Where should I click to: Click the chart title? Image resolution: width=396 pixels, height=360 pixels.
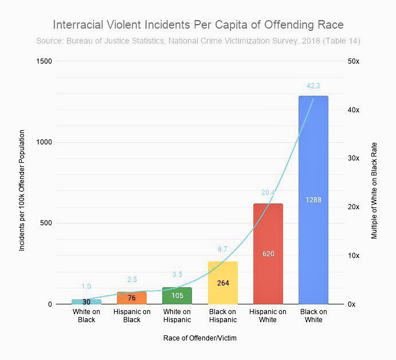(x=198, y=25)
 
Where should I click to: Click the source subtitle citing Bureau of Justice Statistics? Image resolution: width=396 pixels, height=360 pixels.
(x=198, y=41)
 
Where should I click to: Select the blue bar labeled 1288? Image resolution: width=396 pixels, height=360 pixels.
(x=313, y=200)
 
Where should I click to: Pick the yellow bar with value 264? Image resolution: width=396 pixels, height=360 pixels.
(x=222, y=283)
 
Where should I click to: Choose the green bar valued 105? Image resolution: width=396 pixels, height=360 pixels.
(x=177, y=296)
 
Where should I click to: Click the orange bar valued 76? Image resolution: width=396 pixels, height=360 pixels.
(x=132, y=298)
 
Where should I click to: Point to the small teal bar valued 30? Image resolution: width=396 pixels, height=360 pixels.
(x=87, y=302)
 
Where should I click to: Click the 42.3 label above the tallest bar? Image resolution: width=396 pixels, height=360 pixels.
(x=313, y=86)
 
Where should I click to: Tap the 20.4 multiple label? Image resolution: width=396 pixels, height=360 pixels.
(x=268, y=193)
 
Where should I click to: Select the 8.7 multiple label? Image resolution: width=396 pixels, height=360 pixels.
(x=222, y=249)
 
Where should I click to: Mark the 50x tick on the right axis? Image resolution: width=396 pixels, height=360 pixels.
(x=354, y=61)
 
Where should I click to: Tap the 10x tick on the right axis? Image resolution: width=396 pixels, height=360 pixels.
(x=354, y=256)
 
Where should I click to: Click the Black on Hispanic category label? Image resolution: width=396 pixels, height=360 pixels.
(x=222, y=316)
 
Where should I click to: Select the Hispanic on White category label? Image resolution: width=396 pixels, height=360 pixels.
(x=268, y=316)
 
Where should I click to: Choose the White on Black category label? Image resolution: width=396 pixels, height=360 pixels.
(x=87, y=316)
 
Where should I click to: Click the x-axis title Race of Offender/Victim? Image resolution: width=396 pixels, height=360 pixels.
(x=200, y=338)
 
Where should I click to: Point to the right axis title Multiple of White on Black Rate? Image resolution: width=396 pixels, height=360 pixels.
(x=374, y=183)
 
